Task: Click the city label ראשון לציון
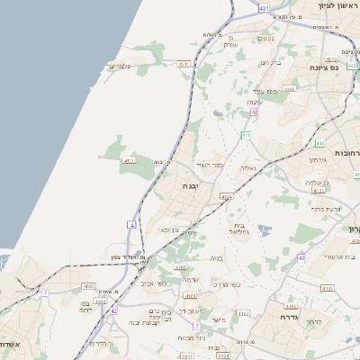337,5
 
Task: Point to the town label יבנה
191,185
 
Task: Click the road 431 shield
264,7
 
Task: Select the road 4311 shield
184,65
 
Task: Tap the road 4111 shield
129,160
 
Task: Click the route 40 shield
302,258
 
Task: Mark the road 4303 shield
88,287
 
